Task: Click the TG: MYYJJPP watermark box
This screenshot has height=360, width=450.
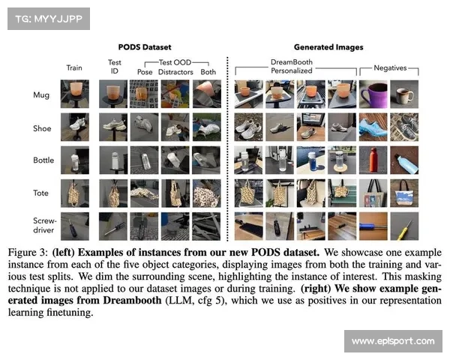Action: point(49,19)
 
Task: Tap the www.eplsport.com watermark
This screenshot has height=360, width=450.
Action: point(393,341)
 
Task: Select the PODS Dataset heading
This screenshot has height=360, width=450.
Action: point(145,47)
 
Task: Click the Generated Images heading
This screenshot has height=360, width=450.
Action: point(328,47)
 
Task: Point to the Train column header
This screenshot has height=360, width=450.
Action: point(74,67)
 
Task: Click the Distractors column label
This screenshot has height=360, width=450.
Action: point(175,72)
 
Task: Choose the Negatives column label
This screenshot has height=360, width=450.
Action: point(390,68)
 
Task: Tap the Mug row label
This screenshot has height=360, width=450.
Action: point(41,95)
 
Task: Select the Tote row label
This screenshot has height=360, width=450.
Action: point(40,193)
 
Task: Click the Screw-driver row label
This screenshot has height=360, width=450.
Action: point(45,225)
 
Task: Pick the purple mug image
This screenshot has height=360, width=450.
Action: point(373,94)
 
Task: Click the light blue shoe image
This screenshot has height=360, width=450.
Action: point(373,127)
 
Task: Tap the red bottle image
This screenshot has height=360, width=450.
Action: point(373,160)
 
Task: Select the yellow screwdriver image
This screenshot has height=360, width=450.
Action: point(404,226)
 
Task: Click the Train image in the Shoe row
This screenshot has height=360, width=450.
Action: point(75,127)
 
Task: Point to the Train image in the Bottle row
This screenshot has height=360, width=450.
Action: point(75,160)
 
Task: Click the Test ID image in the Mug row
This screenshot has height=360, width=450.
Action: point(113,94)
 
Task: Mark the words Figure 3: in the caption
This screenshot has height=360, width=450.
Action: point(28,253)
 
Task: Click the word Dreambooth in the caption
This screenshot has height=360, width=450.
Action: point(132,300)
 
